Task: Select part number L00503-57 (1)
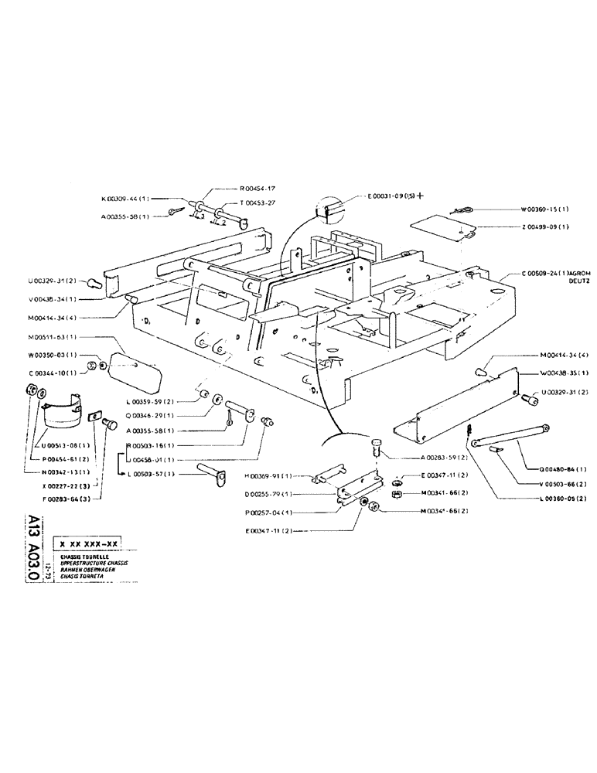click(x=149, y=473)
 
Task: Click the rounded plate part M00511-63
click(x=136, y=366)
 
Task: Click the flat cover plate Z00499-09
click(x=438, y=230)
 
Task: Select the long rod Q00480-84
click(x=510, y=434)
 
